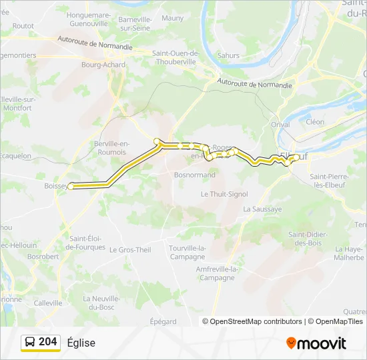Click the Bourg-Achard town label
(x=100, y=65)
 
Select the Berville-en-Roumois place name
(x=111, y=148)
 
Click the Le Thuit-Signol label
(x=224, y=194)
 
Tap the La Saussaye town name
(x=262, y=209)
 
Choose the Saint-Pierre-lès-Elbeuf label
(x=331, y=181)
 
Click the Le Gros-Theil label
(x=130, y=250)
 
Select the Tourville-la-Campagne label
(x=187, y=253)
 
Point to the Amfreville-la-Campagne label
(x=218, y=273)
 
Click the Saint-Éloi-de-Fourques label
(x=87, y=243)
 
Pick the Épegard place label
(x=163, y=321)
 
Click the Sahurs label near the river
(x=228, y=55)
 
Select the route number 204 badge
(x=47, y=342)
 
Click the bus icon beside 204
(x=31, y=343)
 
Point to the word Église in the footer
(x=81, y=343)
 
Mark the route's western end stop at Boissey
(x=71, y=186)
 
